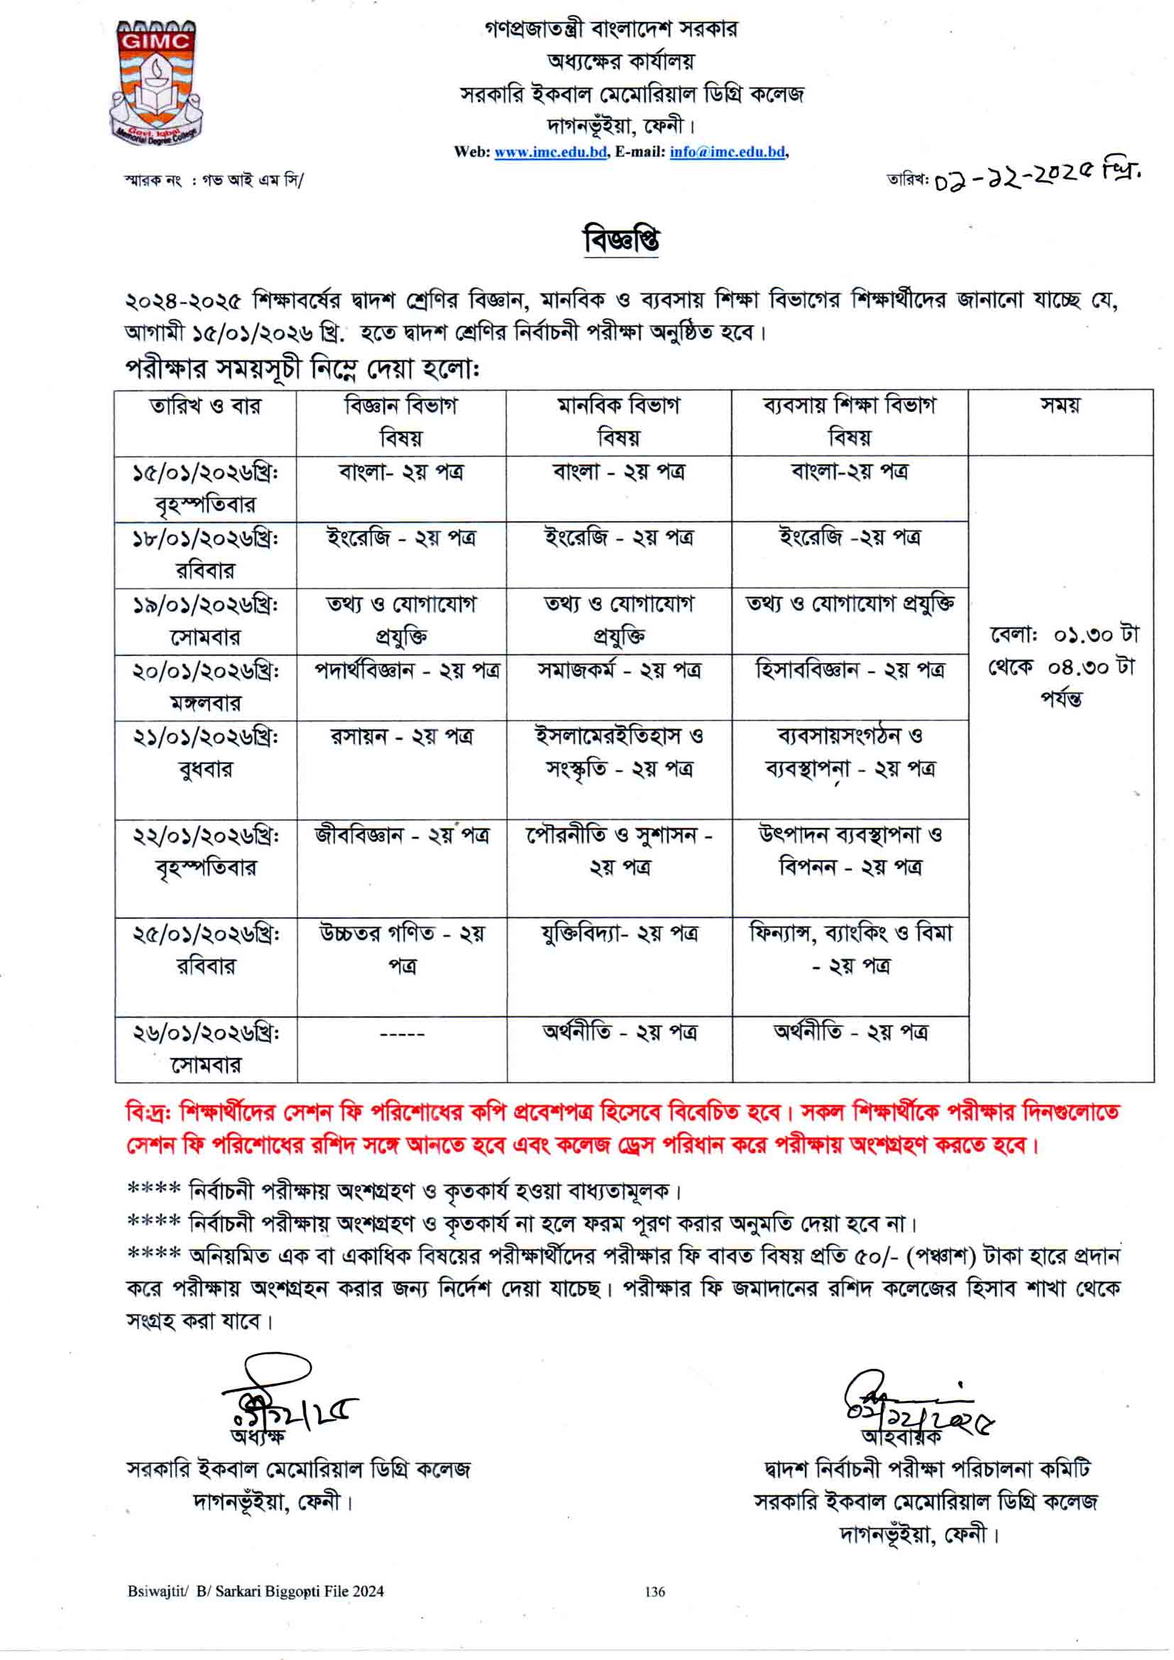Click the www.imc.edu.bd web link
coord(549,152)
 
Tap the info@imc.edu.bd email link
coord(728,152)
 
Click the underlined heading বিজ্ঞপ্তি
coord(621,241)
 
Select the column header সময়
coord(1060,406)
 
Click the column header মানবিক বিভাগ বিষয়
coord(619,422)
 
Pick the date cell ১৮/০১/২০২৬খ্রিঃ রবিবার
coord(205,555)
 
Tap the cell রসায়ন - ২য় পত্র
coord(402,738)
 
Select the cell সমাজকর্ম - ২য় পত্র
coord(619,672)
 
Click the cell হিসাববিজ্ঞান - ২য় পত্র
coord(850,672)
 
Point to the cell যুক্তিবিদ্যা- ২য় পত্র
coord(620,934)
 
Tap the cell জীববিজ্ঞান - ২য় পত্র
coord(402,836)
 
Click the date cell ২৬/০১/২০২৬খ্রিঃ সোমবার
coord(205,1049)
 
